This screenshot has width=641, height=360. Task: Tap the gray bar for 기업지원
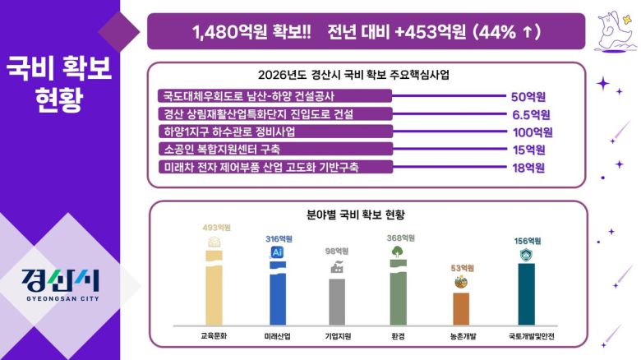pos(337,301)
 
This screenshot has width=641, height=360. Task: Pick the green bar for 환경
pos(398,296)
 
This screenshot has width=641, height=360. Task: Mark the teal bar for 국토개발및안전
pos(526,293)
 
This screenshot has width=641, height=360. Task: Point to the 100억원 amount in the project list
pos(532,132)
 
